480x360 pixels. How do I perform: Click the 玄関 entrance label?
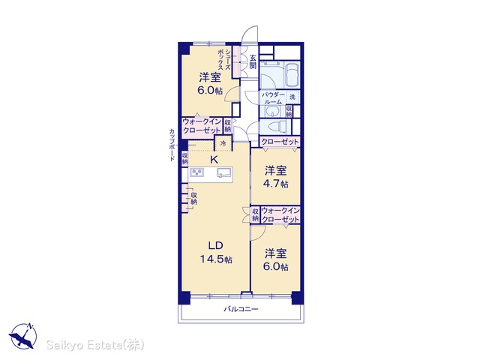pyautogui.click(x=253, y=61)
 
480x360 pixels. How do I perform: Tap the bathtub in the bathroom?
pyautogui.click(x=292, y=75)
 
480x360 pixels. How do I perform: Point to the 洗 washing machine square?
pyautogui.click(x=292, y=97)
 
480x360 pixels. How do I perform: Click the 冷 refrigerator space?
pyautogui.click(x=223, y=143)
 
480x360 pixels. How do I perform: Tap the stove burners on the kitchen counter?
pyautogui.click(x=196, y=172)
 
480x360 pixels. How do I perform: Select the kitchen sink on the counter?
pyautogui.click(x=224, y=172)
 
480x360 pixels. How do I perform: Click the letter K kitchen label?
pyautogui.click(x=214, y=159)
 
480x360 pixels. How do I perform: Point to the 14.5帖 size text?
pyautogui.click(x=216, y=259)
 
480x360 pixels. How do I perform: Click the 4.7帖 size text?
pyautogui.click(x=275, y=184)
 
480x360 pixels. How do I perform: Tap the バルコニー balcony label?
pyautogui.click(x=241, y=309)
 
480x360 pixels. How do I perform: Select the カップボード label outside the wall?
pyautogui.click(x=172, y=145)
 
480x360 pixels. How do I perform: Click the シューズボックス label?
pyautogui.click(x=224, y=60)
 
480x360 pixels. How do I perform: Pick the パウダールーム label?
pyautogui.click(x=273, y=98)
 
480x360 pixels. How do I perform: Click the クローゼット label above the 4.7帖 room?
pyautogui.click(x=280, y=142)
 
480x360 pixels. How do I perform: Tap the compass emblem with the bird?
pyautogui.click(x=23, y=336)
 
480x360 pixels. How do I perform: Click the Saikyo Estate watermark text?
pyautogui.click(x=95, y=345)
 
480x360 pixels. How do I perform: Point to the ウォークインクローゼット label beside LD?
pyautogui.click(x=280, y=215)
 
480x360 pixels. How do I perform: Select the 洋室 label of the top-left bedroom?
pyautogui.click(x=210, y=77)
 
